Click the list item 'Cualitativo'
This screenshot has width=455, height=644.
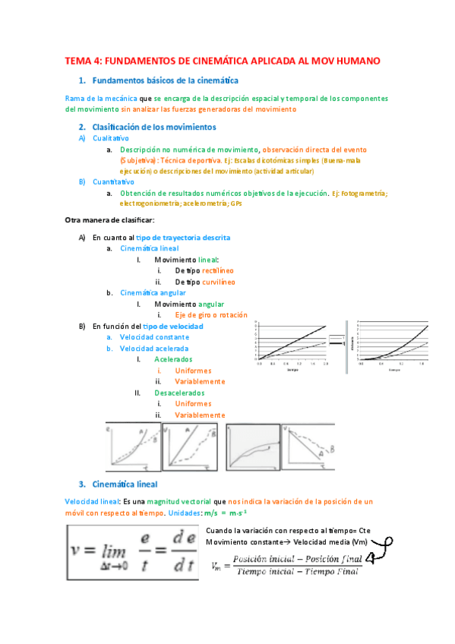110,139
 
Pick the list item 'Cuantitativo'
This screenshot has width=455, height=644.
113,182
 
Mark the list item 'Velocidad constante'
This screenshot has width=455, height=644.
154,336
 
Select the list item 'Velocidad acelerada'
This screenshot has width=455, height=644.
154,348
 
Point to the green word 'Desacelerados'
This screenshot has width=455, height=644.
179,393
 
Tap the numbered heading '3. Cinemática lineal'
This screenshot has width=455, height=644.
128,483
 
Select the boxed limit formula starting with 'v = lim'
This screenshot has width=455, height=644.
132,551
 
